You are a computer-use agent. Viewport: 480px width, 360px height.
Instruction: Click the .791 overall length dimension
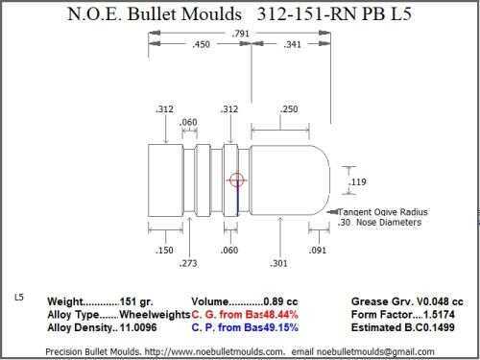click(x=241, y=34)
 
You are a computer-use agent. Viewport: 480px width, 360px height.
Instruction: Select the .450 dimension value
click(x=201, y=44)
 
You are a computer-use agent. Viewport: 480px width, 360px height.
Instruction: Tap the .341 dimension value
click(x=292, y=44)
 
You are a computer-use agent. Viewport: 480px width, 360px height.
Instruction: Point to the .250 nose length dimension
click(x=289, y=109)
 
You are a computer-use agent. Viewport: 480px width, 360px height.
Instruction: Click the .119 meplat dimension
click(x=357, y=181)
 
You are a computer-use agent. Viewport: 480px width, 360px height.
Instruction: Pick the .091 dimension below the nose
click(x=318, y=250)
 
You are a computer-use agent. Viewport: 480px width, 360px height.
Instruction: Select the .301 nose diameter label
click(x=278, y=263)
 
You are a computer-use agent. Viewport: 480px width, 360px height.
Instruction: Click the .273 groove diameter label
click(x=188, y=263)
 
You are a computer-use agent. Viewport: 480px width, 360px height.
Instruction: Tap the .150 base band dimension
click(x=164, y=250)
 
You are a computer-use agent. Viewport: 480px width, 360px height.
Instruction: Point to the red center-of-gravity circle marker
click(x=237, y=180)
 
